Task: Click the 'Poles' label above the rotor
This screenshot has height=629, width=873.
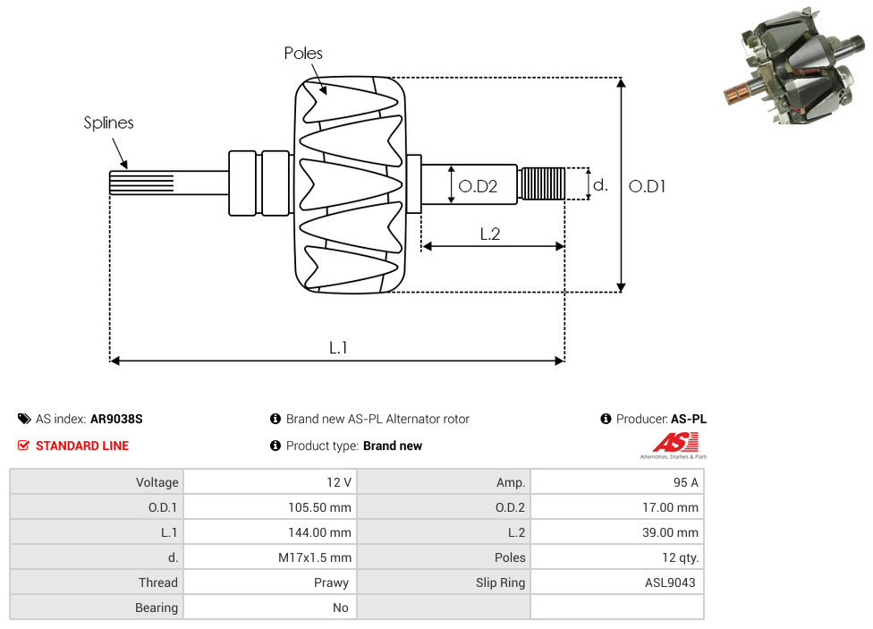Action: click(x=303, y=54)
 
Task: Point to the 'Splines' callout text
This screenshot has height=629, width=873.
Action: click(x=108, y=123)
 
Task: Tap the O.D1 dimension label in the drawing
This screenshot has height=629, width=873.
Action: click(x=647, y=186)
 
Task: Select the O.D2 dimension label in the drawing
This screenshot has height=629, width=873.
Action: click(x=478, y=186)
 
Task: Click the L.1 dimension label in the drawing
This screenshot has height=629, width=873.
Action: click(x=337, y=347)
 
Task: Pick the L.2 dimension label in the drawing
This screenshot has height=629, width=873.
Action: click(x=489, y=234)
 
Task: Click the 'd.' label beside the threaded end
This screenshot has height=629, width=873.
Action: click(x=600, y=185)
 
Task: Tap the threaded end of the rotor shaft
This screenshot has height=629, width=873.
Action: click(x=542, y=183)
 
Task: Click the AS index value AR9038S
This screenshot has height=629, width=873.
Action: click(x=116, y=419)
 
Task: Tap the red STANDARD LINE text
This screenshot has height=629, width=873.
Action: click(x=81, y=446)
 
